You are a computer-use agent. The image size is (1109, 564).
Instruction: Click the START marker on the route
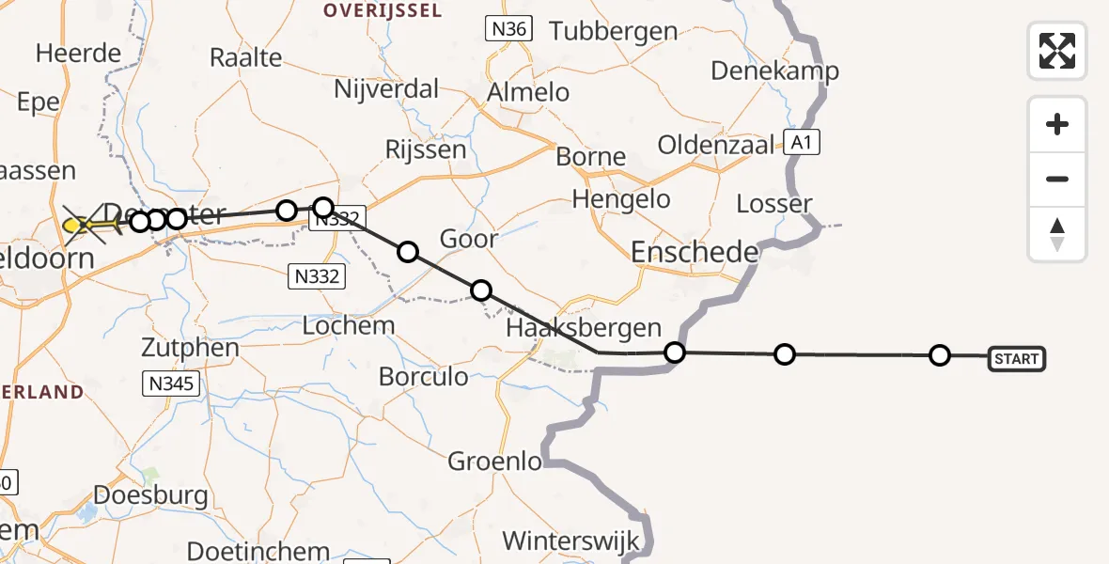click(1016, 358)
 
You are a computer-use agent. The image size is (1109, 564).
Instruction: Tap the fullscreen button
click(1057, 51)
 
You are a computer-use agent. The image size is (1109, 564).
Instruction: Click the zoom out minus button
click(1057, 180)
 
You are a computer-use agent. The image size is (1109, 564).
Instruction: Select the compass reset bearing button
click(1057, 234)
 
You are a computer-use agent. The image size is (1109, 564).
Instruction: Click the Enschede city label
click(695, 252)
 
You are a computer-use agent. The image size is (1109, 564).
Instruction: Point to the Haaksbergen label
click(583, 328)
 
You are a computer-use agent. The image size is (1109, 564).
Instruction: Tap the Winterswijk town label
click(570, 541)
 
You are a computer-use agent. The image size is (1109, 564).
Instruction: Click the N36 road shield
click(508, 29)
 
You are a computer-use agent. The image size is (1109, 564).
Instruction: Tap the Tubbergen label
click(614, 31)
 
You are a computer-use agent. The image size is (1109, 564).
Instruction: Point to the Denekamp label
click(774, 70)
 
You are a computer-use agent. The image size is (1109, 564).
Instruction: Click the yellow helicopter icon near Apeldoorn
click(79, 226)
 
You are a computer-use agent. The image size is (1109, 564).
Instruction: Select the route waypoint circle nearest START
click(939, 355)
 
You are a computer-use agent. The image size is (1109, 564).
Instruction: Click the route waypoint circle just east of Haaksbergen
click(674, 353)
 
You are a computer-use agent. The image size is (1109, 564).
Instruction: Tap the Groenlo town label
click(494, 462)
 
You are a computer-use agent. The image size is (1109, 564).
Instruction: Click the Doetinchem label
click(258, 550)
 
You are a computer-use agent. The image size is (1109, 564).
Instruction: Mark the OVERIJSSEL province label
click(370, 10)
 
